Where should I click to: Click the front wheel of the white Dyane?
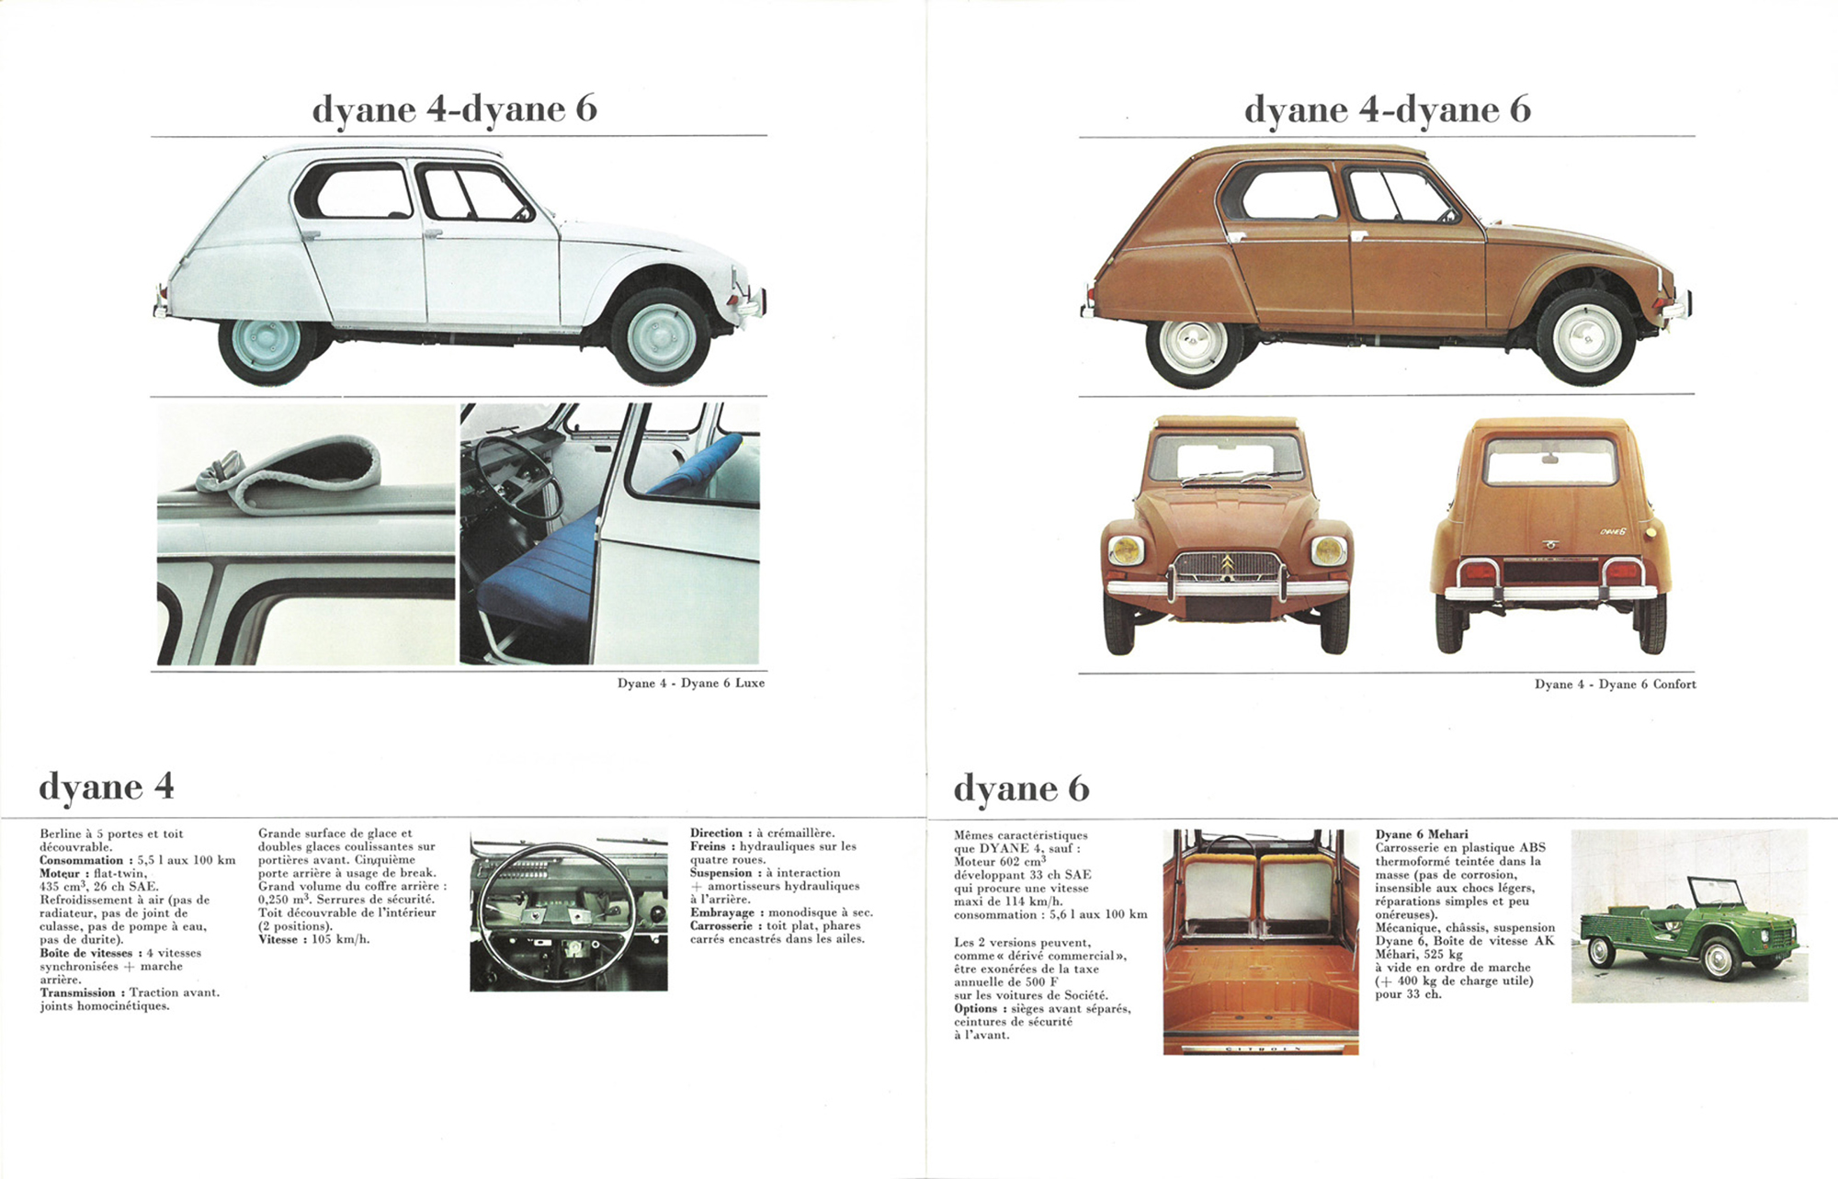(x=660, y=335)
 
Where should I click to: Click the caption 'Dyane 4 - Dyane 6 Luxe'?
(x=691, y=683)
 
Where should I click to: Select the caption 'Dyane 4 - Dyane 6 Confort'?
(x=1616, y=685)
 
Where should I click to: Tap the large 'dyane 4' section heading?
(x=107, y=788)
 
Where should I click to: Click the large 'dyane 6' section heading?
(x=1021, y=788)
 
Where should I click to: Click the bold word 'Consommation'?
(x=81, y=860)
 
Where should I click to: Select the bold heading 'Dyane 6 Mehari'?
(x=1422, y=834)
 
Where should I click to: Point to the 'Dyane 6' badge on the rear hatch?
(x=1614, y=531)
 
